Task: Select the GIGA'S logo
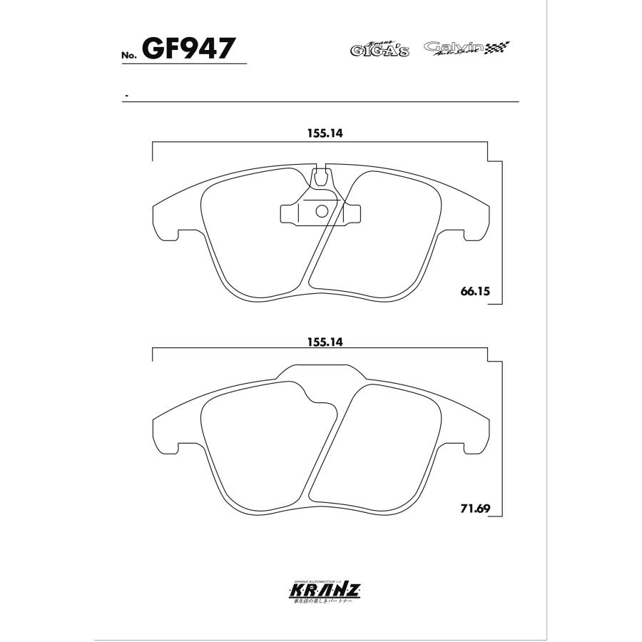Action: click(379, 49)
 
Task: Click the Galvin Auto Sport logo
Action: click(457, 49)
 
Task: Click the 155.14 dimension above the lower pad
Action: click(321, 342)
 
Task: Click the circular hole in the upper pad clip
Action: click(321, 210)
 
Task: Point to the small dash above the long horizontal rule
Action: click(126, 95)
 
